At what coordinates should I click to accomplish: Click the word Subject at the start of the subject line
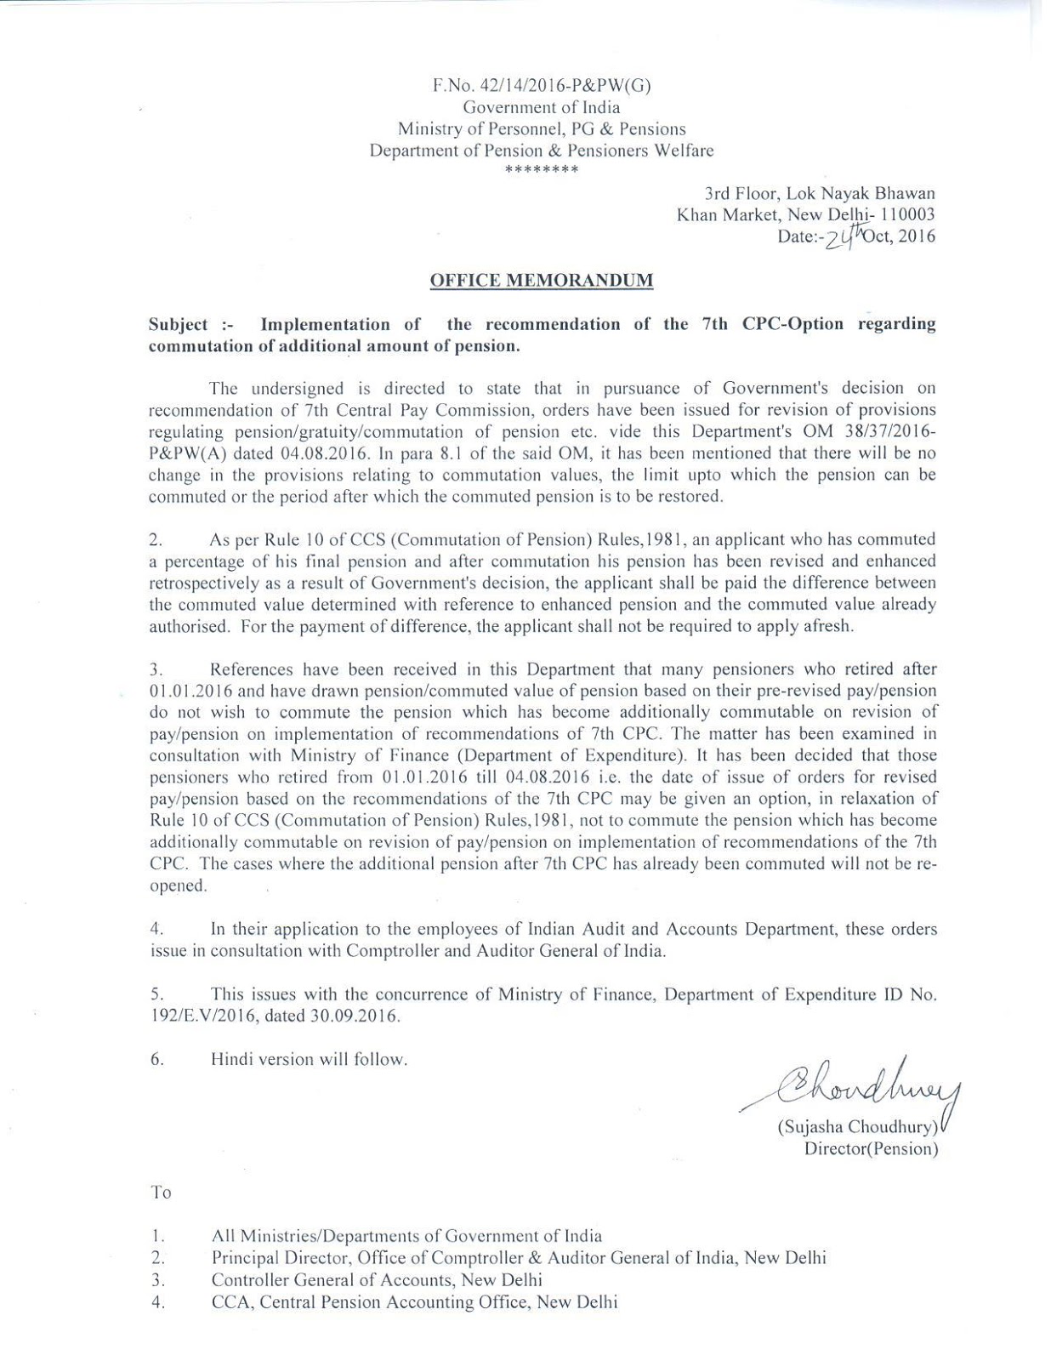[x=178, y=324]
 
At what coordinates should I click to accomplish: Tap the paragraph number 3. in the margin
[x=156, y=670]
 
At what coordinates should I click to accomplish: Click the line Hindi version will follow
[x=309, y=1059]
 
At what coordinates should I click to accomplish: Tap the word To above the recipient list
[x=161, y=1193]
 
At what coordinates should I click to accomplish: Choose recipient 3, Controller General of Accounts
[x=377, y=1279]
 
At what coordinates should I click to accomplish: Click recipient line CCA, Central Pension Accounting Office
[x=414, y=1301]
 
